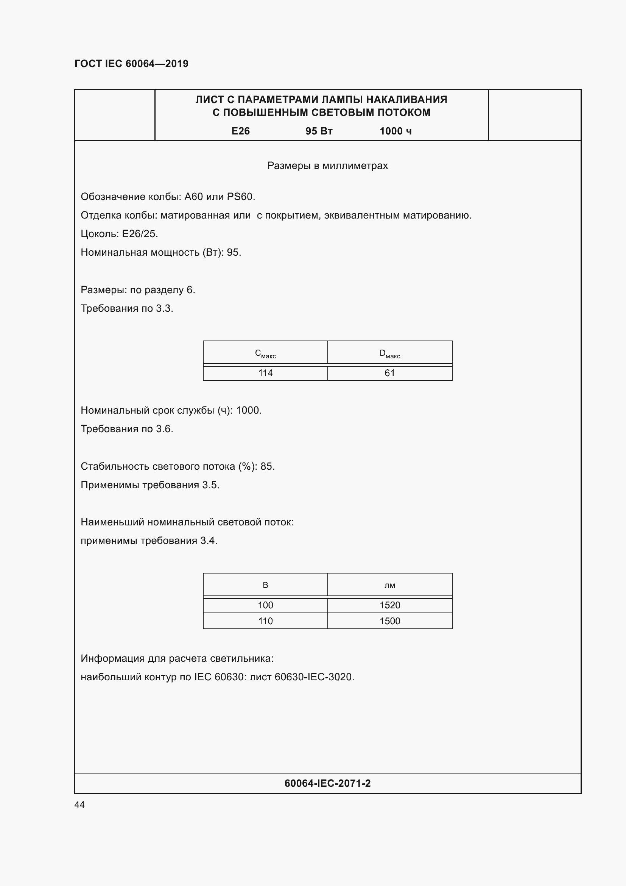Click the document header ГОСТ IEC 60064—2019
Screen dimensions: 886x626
point(131,64)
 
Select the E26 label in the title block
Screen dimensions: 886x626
point(241,131)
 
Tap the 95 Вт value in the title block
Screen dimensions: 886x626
point(319,131)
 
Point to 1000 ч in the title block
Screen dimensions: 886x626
point(396,131)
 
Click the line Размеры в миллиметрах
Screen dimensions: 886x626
point(327,166)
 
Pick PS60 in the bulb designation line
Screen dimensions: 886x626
point(240,197)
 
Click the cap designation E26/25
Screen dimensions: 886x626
point(140,234)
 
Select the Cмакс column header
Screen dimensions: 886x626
point(265,353)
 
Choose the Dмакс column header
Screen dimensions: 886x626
point(390,353)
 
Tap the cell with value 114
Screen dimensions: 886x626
point(265,373)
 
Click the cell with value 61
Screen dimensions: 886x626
point(390,373)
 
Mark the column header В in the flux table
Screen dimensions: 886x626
point(265,585)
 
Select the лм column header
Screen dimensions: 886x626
point(390,585)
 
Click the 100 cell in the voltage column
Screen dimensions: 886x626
point(265,605)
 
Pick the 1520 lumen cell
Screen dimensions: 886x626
point(390,605)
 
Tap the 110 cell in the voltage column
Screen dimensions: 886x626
point(265,621)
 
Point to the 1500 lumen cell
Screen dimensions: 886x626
point(390,621)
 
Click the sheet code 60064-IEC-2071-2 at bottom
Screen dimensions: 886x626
point(327,783)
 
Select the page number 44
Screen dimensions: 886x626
point(79,805)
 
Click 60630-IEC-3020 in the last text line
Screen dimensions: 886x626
point(313,677)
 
